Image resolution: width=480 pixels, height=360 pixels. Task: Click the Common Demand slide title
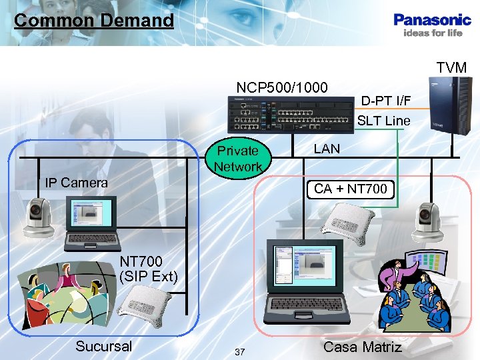coord(93,20)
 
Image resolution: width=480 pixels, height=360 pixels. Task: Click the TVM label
coord(451,67)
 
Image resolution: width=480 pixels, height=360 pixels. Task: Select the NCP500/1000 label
coord(282,87)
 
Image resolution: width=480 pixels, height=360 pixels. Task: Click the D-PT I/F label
coord(386,101)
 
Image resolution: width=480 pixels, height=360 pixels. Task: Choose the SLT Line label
coord(384,121)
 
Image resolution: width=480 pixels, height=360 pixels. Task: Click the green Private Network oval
coord(238,159)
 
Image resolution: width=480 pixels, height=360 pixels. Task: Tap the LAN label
coord(327,149)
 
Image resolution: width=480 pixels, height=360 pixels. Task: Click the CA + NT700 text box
coord(350,189)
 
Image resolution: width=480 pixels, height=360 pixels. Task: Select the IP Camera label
coord(76,182)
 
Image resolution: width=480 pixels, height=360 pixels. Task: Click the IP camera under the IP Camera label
coord(37,217)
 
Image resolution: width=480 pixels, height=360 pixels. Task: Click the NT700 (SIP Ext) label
coord(148,268)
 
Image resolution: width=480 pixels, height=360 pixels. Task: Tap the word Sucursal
coord(103,346)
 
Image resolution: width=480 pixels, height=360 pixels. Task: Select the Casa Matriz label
coord(362,347)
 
